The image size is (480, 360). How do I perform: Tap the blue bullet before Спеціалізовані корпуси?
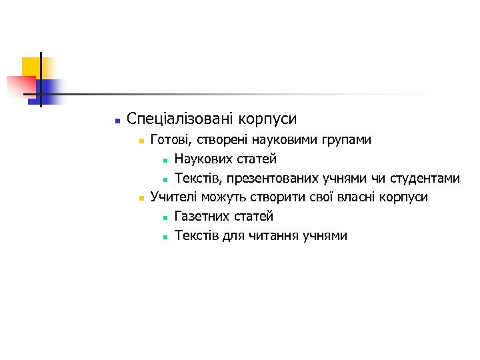(117, 121)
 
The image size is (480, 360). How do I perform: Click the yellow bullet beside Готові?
(141, 141)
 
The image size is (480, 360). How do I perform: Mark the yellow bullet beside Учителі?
(141, 198)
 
